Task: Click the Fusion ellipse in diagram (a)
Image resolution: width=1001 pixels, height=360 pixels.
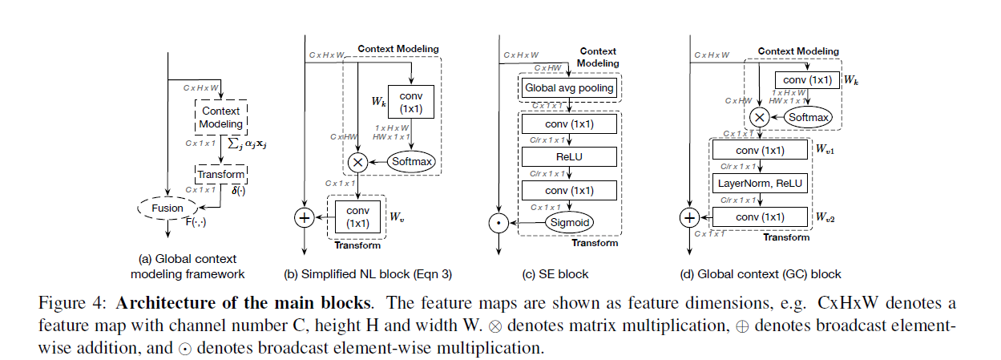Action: (x=168, y=208)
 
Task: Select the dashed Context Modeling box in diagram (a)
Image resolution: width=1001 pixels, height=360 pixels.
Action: (x=221, y=118)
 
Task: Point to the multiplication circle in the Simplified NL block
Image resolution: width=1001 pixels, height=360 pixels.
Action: (x=357, y=162)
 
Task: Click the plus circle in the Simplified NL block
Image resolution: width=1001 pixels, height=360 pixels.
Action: (x=305, y=218)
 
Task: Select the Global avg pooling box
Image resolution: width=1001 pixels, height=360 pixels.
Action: (x=568, y=87)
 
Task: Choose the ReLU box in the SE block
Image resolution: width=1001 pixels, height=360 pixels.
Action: (x=569, y=156)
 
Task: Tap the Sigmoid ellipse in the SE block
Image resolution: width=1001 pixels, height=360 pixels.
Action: (x=569, y=222)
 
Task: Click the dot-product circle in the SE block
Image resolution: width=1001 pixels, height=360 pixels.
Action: (x=498, y=222)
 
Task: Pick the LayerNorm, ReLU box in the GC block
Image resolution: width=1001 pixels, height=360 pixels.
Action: (x=759, y=184)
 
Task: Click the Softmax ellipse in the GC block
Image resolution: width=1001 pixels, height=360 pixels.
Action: (x=809, y=118)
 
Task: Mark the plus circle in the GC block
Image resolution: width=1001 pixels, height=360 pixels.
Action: (x=688, y=217)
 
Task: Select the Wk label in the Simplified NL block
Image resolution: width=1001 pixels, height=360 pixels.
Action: (x=377, y=103)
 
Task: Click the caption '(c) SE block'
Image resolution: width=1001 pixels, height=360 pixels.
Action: (x=555, y=274)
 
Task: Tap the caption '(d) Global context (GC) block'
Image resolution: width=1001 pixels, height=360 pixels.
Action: (x=760, y=274)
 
